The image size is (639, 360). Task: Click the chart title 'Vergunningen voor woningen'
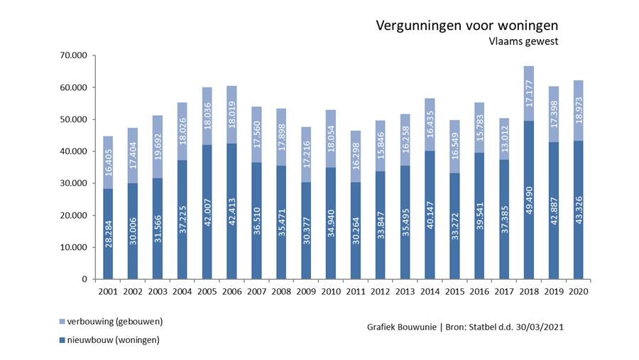[x=466, y=26]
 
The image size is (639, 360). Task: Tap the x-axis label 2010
[x=331, y=291]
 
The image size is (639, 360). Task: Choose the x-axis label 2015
[x=454, y=291]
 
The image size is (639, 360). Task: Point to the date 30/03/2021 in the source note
[x=540, y=327]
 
